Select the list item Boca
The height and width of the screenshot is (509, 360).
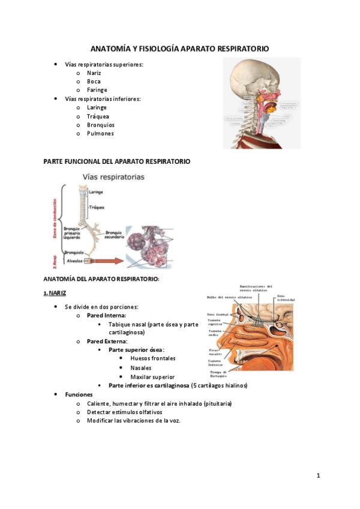[x=94, y=81]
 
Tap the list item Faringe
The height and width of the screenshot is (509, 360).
[x=97, y=90]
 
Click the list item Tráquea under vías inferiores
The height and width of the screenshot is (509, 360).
[x=98, y=116]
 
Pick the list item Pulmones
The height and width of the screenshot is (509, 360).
[x=100, y=134]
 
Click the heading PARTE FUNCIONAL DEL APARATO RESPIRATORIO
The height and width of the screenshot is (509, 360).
[x=117, y=161]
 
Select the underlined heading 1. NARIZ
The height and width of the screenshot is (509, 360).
[x=55, y=293]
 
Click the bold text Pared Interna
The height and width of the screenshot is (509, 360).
[x=106, y=315]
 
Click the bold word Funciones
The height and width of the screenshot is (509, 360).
[x=79, y=394]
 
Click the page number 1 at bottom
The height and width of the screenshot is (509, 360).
[x=319, y=476]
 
